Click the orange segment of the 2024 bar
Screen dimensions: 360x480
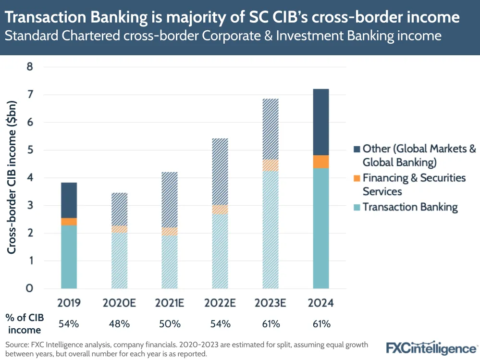coord(321,161)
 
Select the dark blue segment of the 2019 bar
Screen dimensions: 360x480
coord(69,200)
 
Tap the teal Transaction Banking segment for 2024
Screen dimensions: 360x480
coord(321,228)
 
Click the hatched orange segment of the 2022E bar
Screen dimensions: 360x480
coord(220,210)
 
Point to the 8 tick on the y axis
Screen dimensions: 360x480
coord(29,67)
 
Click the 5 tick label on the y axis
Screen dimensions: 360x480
coord(29,150)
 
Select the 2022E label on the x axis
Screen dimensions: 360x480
coord(220,304)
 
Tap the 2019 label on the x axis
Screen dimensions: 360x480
coord(69,304)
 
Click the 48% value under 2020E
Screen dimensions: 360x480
coord(119,324)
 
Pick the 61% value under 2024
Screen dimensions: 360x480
coord(321,324)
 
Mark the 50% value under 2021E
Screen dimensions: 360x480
coord(170,324)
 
